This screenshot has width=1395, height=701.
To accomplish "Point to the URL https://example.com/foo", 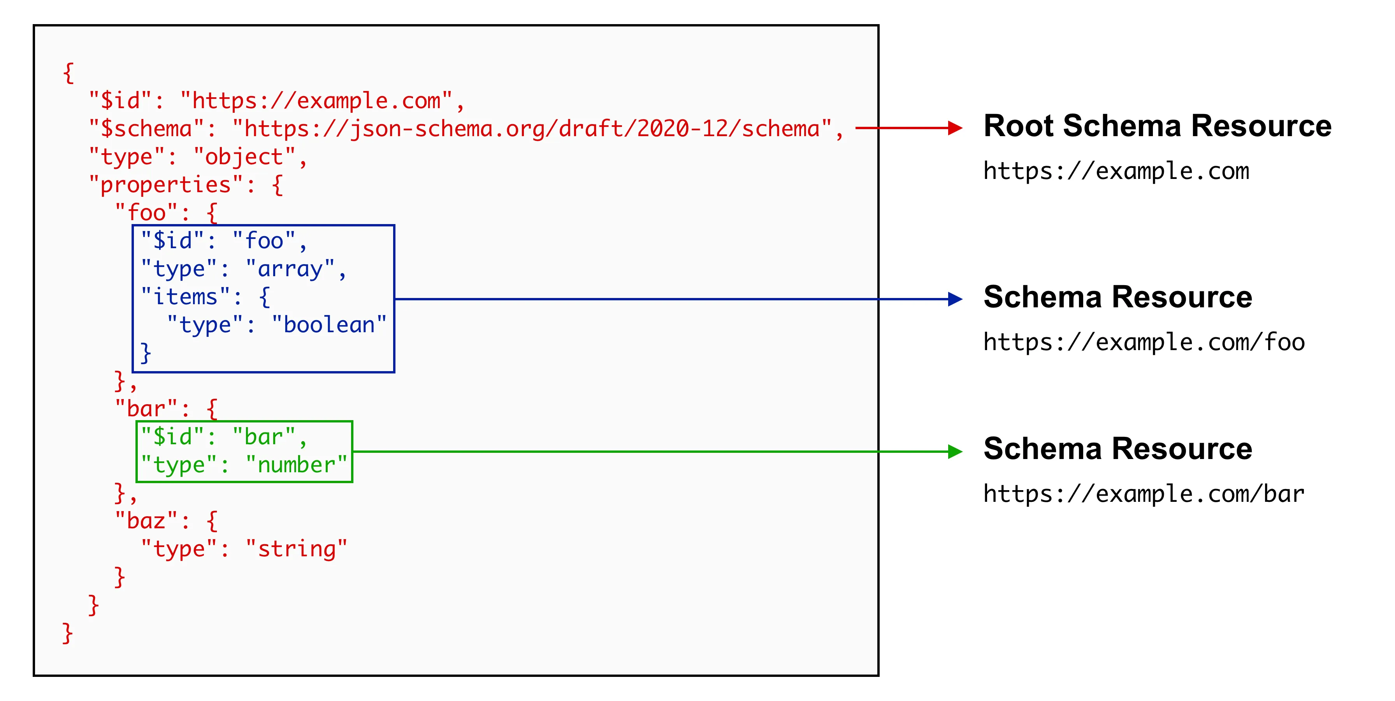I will (1144, 342).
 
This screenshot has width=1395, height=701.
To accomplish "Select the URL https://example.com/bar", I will (1144, 494).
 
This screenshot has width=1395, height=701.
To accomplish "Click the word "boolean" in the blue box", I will (329, 325).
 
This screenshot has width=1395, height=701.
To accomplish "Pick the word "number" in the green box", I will (296, 465).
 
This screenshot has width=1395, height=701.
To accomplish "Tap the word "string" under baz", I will (296, 549).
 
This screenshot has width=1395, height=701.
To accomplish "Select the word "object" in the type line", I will (244, 157).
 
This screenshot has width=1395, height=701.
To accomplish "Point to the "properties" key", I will (166, 185).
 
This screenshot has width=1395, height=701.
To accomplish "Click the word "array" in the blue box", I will (290, 269).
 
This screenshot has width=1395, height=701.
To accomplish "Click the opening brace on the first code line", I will (68, 72).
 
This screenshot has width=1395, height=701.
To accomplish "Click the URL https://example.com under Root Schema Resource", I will (1116, 171).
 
